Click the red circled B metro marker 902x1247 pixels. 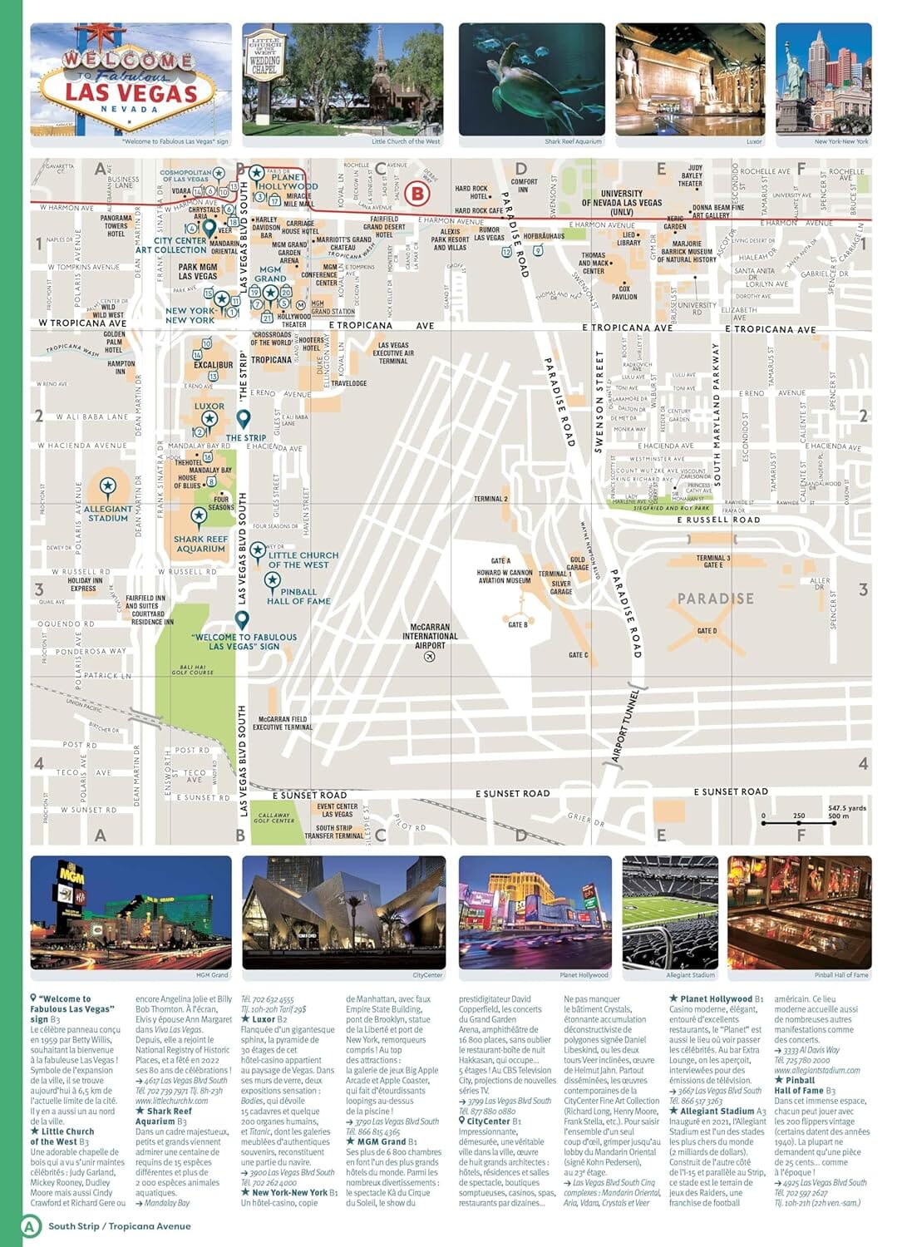tap(418, 195)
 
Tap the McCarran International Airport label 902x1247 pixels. tap(430, 636)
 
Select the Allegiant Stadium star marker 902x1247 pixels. tap(107, 485)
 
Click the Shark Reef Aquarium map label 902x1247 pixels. tap(200, 544)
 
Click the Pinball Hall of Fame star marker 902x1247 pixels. tap(272, 579)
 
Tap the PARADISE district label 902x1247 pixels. tap(715, 599)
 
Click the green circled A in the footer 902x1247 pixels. tap(30, 1225)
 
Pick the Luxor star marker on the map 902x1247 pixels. tap(209, 418)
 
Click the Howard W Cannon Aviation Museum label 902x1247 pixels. tap(505, 576)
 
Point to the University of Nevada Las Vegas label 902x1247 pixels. tap(622, 202)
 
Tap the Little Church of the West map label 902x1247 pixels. tap(303, 559)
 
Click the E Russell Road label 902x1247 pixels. tap(718, 520)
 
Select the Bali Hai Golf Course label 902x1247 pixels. tap(193, 669)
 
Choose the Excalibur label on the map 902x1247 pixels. tap(213, 364)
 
